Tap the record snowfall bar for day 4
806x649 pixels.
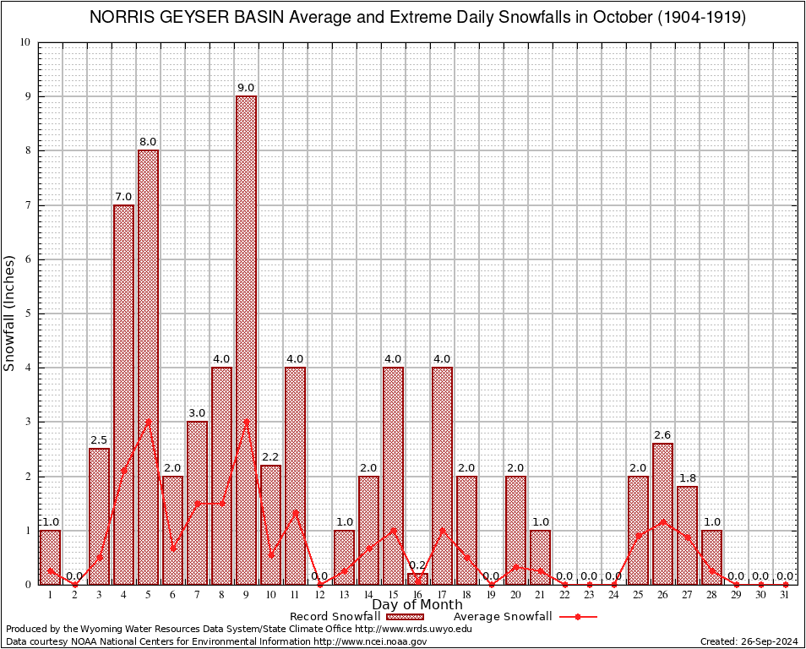point(123,394)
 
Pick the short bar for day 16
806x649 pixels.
point(417,579)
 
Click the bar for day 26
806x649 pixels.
point(662,513)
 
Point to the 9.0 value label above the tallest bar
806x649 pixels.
point(246,88)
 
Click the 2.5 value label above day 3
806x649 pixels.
point(99,440)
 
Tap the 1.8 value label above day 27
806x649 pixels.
point(687,478)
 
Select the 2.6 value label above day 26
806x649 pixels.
point(662,435)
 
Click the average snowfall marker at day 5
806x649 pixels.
point(148,421)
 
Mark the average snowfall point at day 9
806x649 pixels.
point(246,421)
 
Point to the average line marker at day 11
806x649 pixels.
point(295,512)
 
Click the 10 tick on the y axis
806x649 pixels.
point(25,42)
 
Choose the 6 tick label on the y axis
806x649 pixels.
point(27,259)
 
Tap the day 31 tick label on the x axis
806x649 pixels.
point(785,595)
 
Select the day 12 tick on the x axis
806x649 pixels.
point(319,595)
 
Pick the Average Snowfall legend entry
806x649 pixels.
point(503,617)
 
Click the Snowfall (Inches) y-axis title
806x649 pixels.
point(9,313)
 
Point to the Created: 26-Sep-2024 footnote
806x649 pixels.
point(749,641)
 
